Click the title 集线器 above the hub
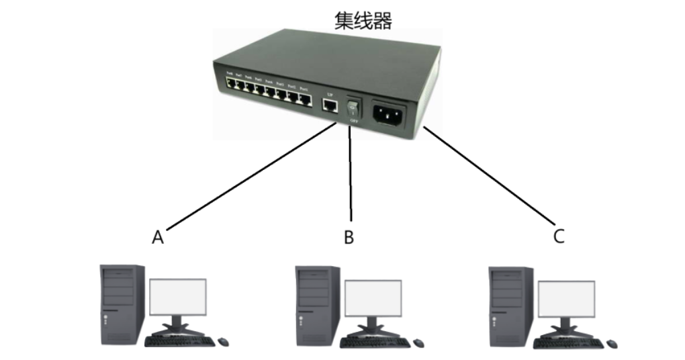[x=363, y=21]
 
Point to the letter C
[x=559, y=236]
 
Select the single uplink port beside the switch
[x=329, y=105]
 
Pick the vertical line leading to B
[x=350, y=181]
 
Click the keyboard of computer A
[x=179, y=341]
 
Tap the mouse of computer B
[x=418, y=343]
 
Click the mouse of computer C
[x=612, y=343]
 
